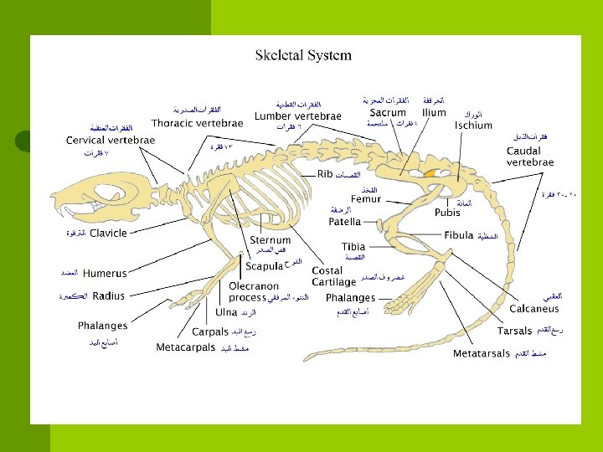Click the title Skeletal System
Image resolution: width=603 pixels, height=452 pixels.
[303, 56]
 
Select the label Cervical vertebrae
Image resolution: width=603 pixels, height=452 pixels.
[111, 140]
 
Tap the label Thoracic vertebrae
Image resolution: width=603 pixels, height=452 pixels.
[198, 122]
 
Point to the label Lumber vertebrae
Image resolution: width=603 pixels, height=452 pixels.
[298, 116]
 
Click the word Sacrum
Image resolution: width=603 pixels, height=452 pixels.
[388, 112]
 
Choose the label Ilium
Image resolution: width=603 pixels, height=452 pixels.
[434, 112]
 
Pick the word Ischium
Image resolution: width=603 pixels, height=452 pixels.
[473, 125]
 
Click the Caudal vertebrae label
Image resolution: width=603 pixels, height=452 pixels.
[529, 156]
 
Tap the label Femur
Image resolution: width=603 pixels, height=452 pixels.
[365, 199]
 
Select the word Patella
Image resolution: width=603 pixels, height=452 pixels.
[344, 222]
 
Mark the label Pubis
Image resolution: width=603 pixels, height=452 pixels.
[447, 213]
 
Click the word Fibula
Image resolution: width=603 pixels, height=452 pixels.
[459, 236]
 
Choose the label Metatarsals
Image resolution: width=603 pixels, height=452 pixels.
[481, 354]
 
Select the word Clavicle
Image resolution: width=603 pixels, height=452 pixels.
[108, 233]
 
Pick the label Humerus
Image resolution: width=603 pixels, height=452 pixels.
[105, 273]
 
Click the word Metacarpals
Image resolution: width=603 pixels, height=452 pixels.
[185, 347]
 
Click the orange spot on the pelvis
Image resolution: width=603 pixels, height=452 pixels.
[430, 172]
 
